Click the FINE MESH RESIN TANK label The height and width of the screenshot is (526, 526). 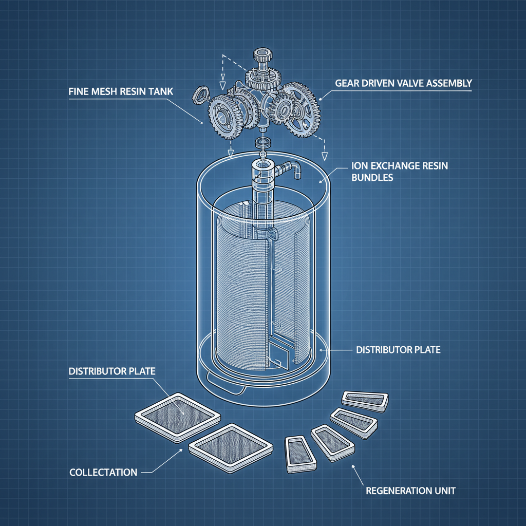tap(121, 91)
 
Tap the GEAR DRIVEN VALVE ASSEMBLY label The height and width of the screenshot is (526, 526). tap(403, 83)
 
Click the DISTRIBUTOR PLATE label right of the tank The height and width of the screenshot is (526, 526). tap(398, 350)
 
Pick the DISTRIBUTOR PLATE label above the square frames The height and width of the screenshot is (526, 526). tap(111, 370)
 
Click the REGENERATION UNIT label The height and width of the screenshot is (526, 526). tap(410, 491)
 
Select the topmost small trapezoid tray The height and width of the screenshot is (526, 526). tap(366, 399)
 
